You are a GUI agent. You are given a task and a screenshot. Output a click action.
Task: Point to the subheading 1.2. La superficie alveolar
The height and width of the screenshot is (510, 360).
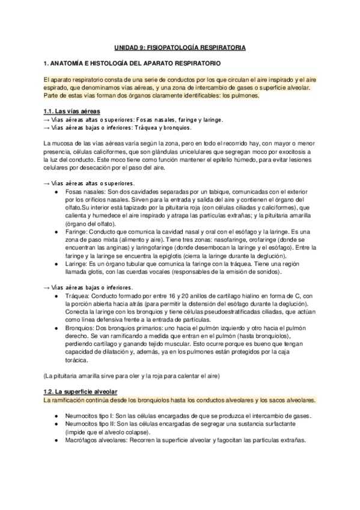click(82, 391)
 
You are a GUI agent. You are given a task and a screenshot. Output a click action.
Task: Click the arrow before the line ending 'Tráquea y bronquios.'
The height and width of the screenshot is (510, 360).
click(47, 127)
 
